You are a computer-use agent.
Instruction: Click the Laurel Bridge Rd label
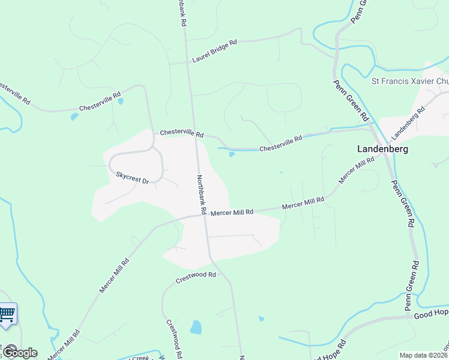[x=214, y=50]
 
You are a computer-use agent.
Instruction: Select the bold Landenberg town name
[x=382, y=149]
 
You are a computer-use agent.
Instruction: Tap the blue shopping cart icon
[x=7, y=314]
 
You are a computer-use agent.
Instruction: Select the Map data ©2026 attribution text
[x=424, y=355]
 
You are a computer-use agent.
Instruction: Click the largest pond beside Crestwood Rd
[x=196, y=327]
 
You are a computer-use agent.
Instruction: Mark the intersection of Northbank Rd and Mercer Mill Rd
[x=204, y=215]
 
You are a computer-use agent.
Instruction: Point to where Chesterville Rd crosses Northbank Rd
[x=195, y=137]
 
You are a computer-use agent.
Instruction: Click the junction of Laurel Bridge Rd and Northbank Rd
[x=187, y=62]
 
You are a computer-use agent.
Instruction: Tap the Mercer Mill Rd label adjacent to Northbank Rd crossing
[x=232, y=212]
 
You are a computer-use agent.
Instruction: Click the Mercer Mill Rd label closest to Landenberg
[x=357, y=172]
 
